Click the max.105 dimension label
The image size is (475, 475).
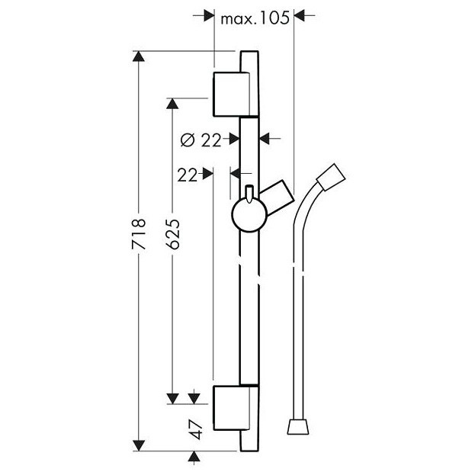(x=255, y=18)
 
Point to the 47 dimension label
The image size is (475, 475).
(x=196, y=428)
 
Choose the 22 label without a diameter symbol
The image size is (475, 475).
(x=188, y=175)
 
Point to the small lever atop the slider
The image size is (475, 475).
(x=249, y=192)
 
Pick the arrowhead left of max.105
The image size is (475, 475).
(x=208, y=14)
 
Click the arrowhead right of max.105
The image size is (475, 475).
(x=301, y=14)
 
